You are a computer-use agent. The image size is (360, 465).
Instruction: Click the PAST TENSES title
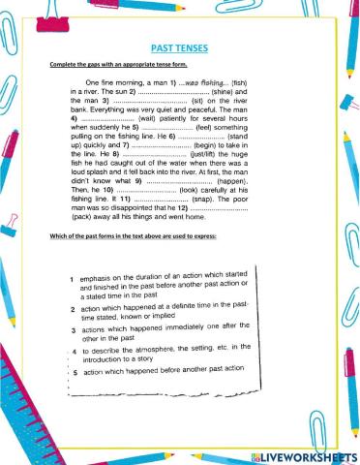tap(179, 46)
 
